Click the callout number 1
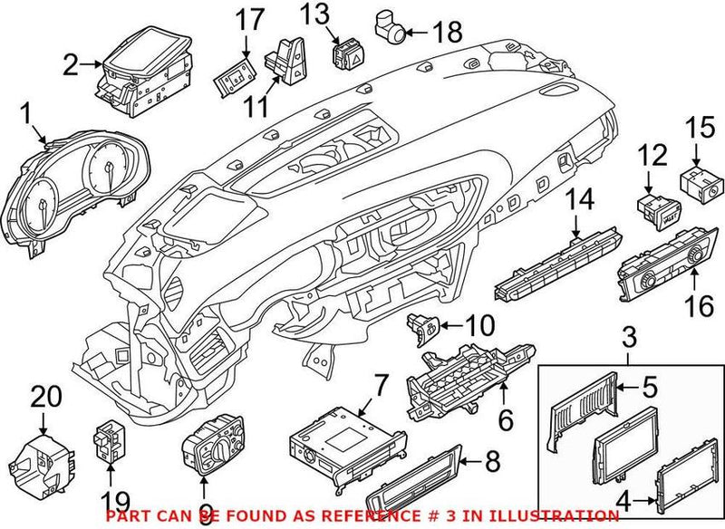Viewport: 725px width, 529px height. coord(26,115)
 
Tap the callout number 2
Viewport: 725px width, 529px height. coord(71,64)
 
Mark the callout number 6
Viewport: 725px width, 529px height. coord(506,419)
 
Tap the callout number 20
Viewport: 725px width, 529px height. coord(43,395)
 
